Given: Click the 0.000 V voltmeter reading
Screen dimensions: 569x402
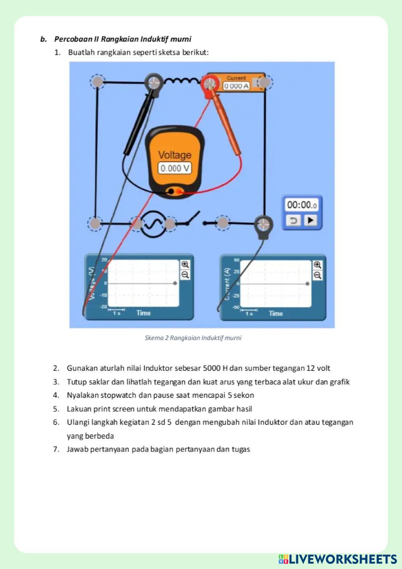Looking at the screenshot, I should click(x=174, y=168).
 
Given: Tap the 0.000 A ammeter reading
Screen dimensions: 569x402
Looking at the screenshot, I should click(x=236, y=86).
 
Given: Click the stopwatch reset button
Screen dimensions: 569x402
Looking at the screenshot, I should click(x=294, y=221).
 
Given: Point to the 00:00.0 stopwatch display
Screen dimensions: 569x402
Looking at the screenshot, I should click(x=301, y=205).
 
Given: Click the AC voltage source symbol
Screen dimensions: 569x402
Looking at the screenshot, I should click(x=153, y=224).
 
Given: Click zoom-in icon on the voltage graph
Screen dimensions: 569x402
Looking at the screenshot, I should click(x=185, y=264).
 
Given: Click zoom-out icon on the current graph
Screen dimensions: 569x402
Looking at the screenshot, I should click(x=318, y=275).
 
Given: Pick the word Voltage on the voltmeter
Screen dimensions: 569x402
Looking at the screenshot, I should click(x=174, y=155).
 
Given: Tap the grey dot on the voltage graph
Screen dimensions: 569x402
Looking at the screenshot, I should click(x=175, y=283).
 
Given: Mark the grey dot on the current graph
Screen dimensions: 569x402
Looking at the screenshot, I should click(x=308, y=284).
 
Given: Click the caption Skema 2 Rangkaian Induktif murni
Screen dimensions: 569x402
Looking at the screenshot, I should click(x=193, y=338).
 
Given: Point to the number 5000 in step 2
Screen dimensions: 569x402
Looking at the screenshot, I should click(x=211, y=368).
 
